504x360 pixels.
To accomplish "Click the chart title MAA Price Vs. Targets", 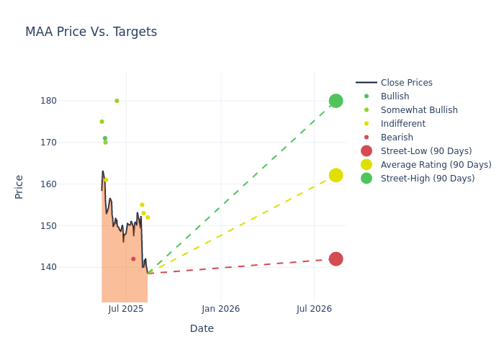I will [91, 32].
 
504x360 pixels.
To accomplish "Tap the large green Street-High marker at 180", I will [336, 101].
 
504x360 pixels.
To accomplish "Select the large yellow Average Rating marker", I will [336, 175].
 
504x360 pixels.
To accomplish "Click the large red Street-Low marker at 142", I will [336, 259].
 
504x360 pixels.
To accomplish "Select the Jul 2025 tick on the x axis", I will [126, 309].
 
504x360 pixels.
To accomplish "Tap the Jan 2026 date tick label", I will [220, 309].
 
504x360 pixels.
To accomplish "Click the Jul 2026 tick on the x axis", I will [314, 309].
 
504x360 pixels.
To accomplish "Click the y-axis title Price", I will [19, 186].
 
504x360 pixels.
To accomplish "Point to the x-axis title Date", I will [202, 328].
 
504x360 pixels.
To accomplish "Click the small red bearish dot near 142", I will [133, 259].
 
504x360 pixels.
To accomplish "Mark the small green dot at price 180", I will [117, 101].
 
